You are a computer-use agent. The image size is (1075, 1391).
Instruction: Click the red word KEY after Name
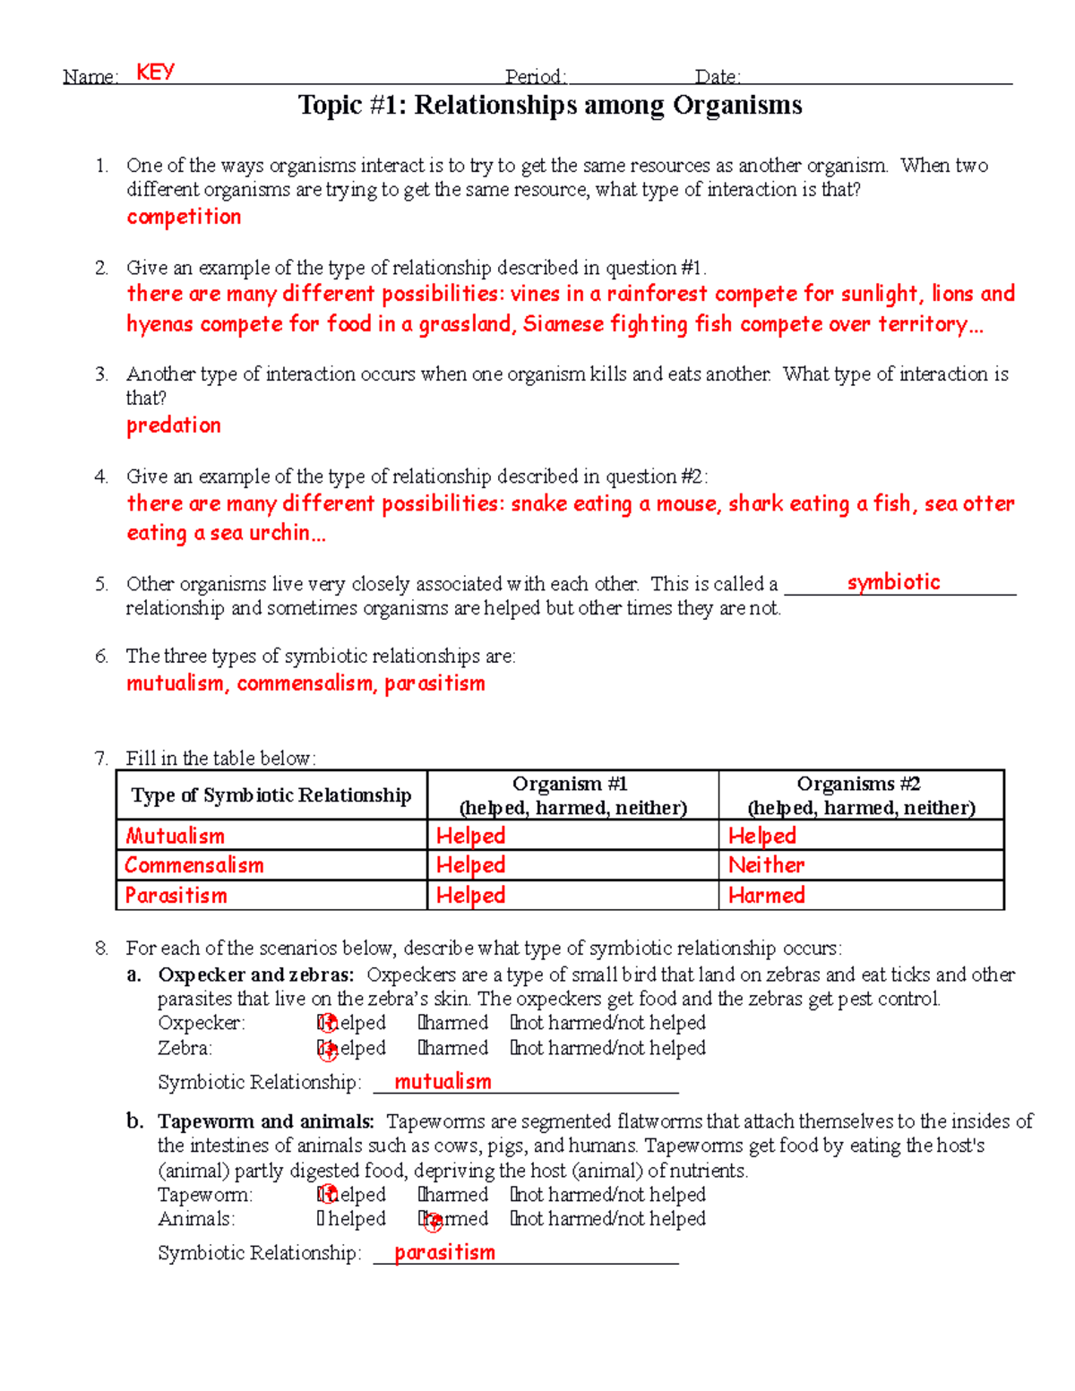click(155, 72)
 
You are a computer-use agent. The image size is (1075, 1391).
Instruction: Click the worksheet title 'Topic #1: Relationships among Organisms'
click(549, 106)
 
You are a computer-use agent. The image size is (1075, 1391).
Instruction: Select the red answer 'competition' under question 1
click(184, 217)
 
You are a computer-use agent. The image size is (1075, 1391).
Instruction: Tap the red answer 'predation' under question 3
click(173, 425)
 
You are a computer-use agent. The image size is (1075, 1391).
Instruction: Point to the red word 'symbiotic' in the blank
click(893, 582)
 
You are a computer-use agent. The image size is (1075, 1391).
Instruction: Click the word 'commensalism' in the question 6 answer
click(305, 683)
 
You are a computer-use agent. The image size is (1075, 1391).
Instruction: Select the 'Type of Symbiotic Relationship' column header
click(271, 794)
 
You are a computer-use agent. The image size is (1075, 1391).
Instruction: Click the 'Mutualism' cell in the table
click(175, 836)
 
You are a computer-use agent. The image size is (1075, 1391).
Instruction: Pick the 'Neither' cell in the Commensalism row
click(766, 865)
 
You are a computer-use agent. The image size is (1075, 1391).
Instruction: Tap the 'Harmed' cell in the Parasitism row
click(766, 895)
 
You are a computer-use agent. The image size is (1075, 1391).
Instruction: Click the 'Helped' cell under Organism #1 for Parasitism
click(470, 895)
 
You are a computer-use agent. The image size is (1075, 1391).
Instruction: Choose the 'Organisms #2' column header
click(859, 784)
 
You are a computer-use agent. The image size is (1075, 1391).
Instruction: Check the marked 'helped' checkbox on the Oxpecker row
click(326, 1023)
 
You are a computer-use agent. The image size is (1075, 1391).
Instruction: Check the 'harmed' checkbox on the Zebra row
click(422, 1048)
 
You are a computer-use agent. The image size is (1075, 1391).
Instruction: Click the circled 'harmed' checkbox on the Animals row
click(430, 1219)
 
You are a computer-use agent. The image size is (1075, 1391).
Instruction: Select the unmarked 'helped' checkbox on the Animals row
click(321, 1219)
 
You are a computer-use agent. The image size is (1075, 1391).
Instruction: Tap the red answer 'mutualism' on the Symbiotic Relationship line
click(443, 1082)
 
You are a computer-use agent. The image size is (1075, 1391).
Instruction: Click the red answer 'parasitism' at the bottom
click(444, 1252)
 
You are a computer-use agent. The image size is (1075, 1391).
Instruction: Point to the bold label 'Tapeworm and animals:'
click(266, 1121)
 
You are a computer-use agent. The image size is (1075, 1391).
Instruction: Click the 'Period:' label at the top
click(535, 77)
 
